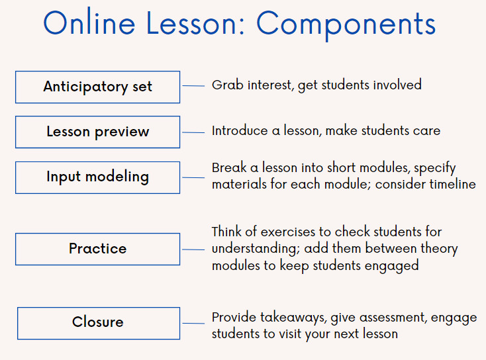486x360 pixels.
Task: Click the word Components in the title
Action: tap(346, 24)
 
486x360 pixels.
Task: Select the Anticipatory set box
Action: tap(97, 87)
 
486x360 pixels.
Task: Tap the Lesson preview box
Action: tap(97, 132)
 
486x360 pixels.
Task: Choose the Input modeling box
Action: tap(97, 177)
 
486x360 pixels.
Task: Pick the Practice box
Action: tap(97, 249)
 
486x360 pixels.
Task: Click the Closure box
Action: tap(98, 323)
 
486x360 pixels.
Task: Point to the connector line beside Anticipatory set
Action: tap(193, 86)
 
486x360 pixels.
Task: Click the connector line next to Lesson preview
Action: tap(193, 132)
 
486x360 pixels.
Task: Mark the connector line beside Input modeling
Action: tap(193, 177)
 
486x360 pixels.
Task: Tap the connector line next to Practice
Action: tap(193, 249)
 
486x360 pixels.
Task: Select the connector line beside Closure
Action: tap(193, 323)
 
